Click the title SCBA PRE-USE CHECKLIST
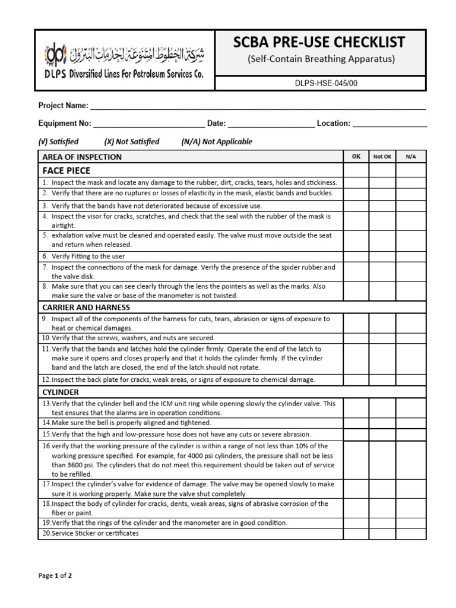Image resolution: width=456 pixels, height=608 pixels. [319, 42]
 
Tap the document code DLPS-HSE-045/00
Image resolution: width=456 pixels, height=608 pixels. [319, 84]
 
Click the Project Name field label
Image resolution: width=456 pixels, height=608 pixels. [63, 106]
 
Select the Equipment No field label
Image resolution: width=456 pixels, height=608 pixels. [65, 123]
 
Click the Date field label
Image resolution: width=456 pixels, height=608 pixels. [216, 123]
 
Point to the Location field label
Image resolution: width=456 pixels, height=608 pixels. [334, 123]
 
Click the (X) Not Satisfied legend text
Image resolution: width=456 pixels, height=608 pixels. [131, 141]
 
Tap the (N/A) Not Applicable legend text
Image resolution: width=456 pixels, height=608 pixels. [216, 141]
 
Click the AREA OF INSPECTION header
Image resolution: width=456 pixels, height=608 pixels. [82, 157]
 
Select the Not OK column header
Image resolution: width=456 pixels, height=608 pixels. [382, 157]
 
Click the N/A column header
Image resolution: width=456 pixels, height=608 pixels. [411, 157]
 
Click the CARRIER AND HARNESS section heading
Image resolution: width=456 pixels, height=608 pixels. [86, 308]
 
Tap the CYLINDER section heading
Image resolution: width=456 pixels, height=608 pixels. [60, 392]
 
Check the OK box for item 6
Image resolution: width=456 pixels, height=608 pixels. [356, 256]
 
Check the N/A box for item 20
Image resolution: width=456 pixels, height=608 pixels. [411, 533]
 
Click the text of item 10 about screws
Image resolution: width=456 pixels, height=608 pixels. [128, 338]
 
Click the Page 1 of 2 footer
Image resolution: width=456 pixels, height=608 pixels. [55, 575]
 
